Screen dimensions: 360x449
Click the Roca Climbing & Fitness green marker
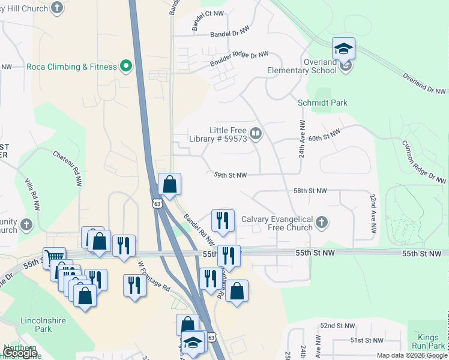point(126,66)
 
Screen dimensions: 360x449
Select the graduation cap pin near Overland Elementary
point(343,49)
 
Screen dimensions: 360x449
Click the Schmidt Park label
point(322,103)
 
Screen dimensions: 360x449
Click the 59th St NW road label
point(230,175)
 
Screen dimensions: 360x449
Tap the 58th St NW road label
point(310,190)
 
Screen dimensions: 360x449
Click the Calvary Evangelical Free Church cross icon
point(322,223)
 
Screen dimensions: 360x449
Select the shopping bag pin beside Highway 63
point(170,185)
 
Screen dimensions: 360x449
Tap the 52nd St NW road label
point(336,325)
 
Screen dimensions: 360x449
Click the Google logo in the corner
point(20,353)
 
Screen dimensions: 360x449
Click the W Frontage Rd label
point(154,275)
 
